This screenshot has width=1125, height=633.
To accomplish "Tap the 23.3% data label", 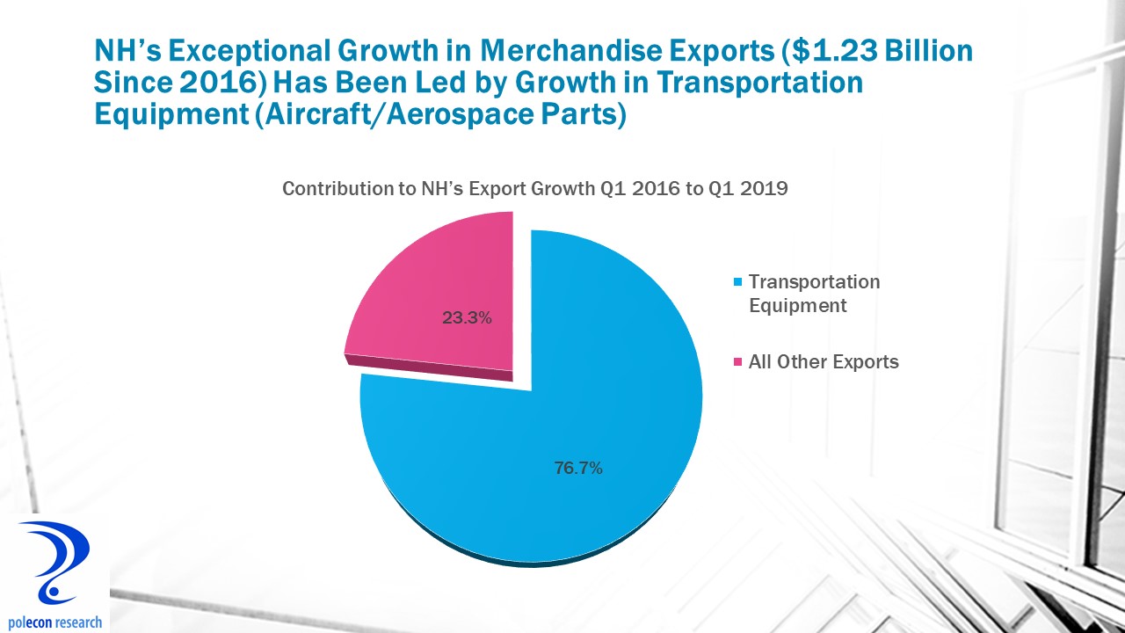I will click(467, 318).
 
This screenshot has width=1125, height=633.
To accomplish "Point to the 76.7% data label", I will click(577, 469).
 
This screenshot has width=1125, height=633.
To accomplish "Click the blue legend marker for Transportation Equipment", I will click(738, 283).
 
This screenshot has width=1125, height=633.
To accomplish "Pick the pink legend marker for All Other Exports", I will click(738, 362).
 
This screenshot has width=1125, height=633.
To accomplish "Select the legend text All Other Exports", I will click(824, 362).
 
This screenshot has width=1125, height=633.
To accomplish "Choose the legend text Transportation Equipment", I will click(814, 294).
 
